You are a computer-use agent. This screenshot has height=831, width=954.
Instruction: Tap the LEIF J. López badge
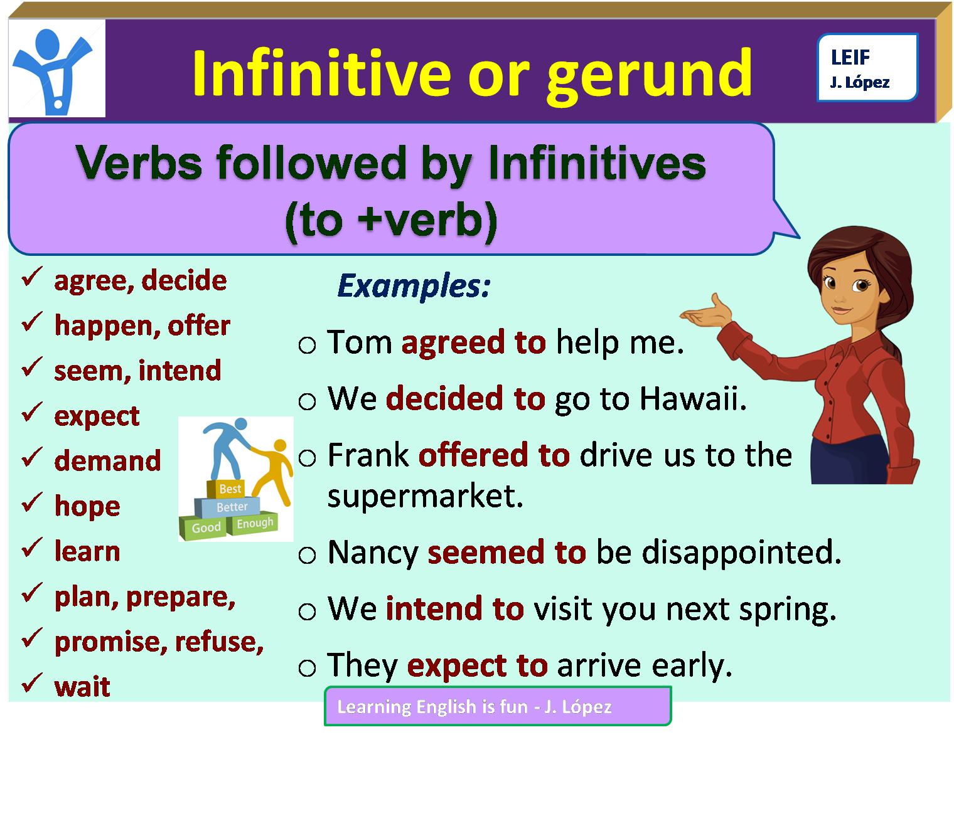coord(867,68)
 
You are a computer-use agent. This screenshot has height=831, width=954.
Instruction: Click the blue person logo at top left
coord(56,69)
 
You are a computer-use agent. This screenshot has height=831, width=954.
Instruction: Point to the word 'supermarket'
coord(424,496)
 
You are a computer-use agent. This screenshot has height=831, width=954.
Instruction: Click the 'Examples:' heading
coord(414,286)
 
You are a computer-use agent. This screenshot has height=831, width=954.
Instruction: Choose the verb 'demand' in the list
coord(107,461)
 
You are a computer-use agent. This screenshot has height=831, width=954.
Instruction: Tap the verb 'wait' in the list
coord(82,687)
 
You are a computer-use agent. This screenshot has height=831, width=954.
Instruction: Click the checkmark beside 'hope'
coord(32,503)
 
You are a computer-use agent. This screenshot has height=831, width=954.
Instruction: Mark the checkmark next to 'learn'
coord(32,548)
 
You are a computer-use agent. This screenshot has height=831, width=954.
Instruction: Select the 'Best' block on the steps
coord(230,489)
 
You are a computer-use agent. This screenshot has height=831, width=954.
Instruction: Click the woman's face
coord(847,288)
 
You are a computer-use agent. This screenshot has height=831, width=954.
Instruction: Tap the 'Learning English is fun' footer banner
coord(497,706)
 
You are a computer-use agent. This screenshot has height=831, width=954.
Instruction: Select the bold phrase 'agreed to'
coord(473,343)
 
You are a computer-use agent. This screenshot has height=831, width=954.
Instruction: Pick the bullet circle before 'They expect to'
coord(307,668)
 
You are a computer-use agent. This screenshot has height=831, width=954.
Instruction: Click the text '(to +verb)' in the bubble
coord(391,221)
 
